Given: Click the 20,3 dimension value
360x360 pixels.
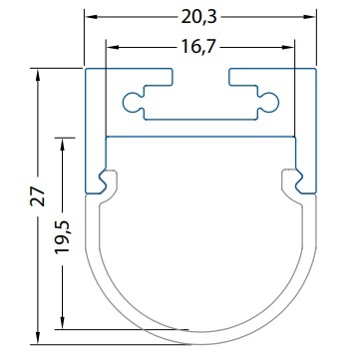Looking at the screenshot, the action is (198, 17).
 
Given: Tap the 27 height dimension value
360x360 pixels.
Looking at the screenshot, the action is (38, 196).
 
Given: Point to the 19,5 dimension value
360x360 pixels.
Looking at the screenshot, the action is (62, 237).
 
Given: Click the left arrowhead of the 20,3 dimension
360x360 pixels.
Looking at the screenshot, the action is (90, 16).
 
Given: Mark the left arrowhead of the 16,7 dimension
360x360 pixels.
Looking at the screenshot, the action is (112, 47).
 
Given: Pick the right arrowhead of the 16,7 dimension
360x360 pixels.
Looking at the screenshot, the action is (288, 47).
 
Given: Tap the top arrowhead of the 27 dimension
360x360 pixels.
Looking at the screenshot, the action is (38, 75).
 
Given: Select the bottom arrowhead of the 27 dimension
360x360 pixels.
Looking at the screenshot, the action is (38, 338).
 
